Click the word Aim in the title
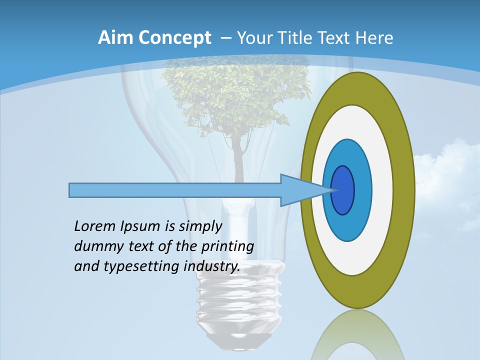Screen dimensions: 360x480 tap(115, 38)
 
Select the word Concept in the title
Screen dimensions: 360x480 tap(174, 38)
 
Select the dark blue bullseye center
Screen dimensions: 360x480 tap(343, 190)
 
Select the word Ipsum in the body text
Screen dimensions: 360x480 tap(139, 227)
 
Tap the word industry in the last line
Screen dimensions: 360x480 tap(211, 266)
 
